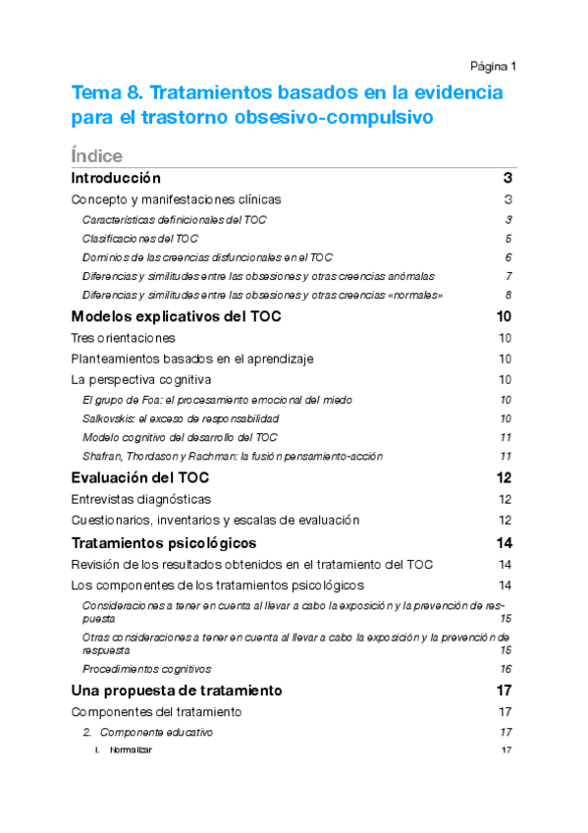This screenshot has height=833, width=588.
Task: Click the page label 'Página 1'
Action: click(x=493, y=66)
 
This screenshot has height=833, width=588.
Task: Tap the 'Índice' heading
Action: click(x=97, y=156)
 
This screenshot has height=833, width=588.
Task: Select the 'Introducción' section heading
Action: click(x=116, y=178)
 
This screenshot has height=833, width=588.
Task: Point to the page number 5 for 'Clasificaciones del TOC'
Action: click(x=508, y=239)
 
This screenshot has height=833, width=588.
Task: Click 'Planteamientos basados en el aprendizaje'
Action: click(x=192, y=360)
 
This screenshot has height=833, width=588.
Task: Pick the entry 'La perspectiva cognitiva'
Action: click(x=141, y=380)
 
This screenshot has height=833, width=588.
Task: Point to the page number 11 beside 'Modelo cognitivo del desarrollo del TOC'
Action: click(x=506, y=437)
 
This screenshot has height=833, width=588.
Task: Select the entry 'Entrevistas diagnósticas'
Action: click(x=141, y=500)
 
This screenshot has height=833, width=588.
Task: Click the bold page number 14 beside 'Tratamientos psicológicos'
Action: click(x=505, y=543)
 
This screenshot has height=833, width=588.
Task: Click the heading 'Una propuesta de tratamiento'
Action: click(x=177, y=690)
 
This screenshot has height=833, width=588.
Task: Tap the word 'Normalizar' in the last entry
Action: click(x=131, y=750)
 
